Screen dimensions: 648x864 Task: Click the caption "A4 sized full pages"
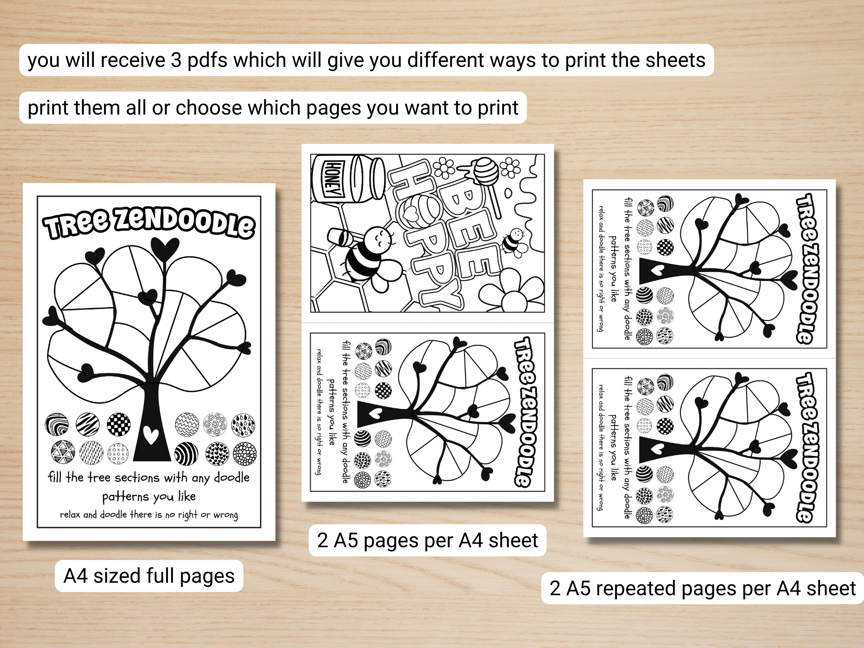pos(149,576)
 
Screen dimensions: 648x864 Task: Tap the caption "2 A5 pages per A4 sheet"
pos(427,540)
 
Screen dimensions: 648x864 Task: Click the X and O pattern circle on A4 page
pos(118,453)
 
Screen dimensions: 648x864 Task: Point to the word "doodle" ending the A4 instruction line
pos(232,477)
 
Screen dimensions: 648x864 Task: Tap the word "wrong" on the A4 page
pos(225,515)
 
